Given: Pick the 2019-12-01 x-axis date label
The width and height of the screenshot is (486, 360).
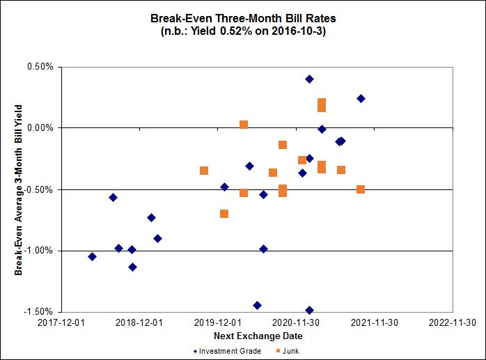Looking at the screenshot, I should pos(217,323).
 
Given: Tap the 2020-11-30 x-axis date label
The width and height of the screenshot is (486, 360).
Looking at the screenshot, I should pos(295,323).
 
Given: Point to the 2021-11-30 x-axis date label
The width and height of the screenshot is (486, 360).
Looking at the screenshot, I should pos(373,323).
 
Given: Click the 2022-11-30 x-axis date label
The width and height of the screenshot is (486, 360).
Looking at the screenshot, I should pos(452,323).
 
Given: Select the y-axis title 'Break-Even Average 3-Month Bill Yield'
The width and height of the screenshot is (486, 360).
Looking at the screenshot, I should pos(19,189).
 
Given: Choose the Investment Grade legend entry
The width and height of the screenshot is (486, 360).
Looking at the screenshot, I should pos(227,351).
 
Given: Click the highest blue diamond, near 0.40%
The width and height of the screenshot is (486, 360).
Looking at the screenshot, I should pos(309,79).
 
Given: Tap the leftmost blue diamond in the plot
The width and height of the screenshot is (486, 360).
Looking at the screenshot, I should pos(92,256).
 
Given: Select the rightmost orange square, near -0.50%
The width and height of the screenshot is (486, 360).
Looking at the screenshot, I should pos(361,189).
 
